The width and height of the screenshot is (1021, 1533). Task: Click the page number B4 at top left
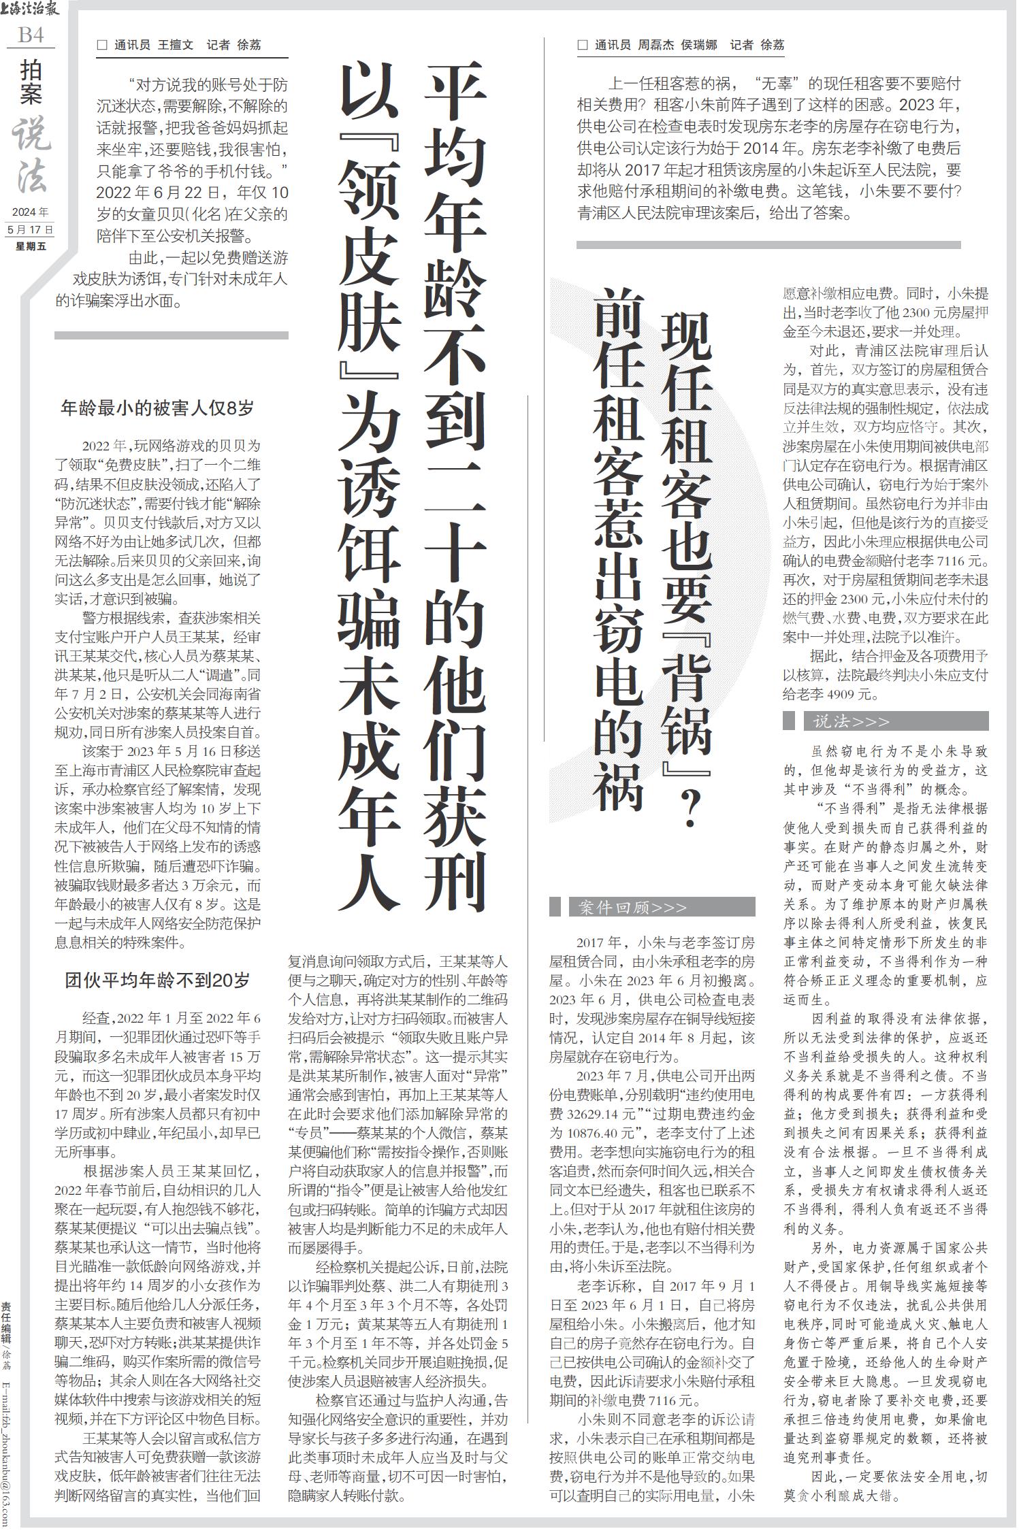tap(31, 35)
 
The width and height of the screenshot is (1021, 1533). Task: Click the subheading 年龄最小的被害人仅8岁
tap(157, 408)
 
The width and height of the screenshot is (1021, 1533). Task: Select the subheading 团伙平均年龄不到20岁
tap(157, 980)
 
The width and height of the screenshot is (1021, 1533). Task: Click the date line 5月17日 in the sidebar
tap(30, 230)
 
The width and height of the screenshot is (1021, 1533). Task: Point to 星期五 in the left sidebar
tap(30, 246)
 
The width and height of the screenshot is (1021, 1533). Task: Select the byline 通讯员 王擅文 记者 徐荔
tap(180, 45)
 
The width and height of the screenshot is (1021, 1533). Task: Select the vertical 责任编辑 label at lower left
tap(6, 1327)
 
